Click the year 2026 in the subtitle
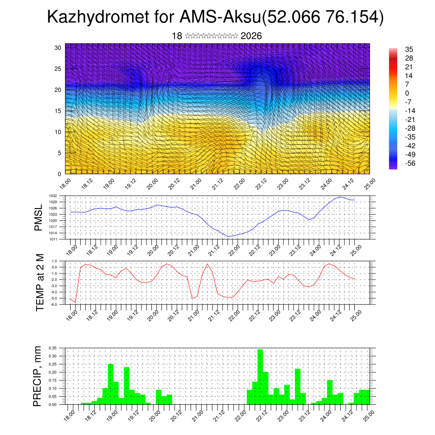(251, 36)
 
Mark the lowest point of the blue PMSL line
(229, 236)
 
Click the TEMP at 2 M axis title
(40, 282)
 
